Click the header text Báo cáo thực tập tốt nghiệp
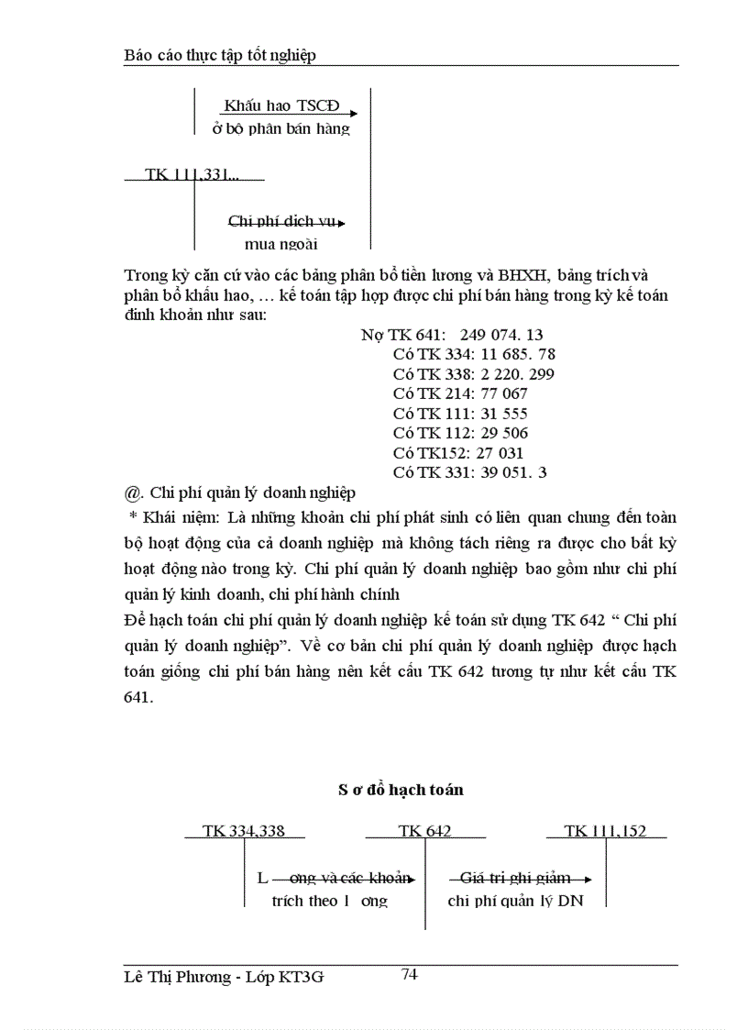click(x=219, y=55)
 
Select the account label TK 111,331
click(x=191, y=173)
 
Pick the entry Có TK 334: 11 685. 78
click(x=473, y=354)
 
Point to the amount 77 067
click(x=503, y=393)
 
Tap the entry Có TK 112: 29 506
click(x=460, y=433)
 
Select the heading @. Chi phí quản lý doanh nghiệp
click(x=238, y=493)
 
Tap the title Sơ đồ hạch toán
click(x=400, y=789)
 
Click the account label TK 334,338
click(x=243, y=831)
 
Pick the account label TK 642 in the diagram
click(x=424, y=831)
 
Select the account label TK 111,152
click(x=605, y=831)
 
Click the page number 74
click(x=409, y=975)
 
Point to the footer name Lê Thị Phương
click(x=177, y=978)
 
